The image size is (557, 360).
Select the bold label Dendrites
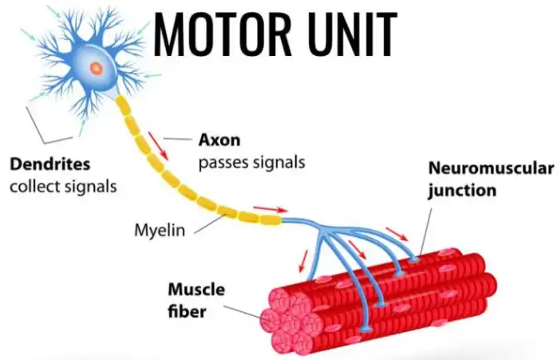(x=49, y=165)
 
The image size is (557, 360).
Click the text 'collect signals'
(x=63, y=187)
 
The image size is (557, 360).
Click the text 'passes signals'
(x=251, y=162)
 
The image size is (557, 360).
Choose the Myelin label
(x=159, y=231)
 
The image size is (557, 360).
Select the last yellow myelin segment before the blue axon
(x=271, y=220)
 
